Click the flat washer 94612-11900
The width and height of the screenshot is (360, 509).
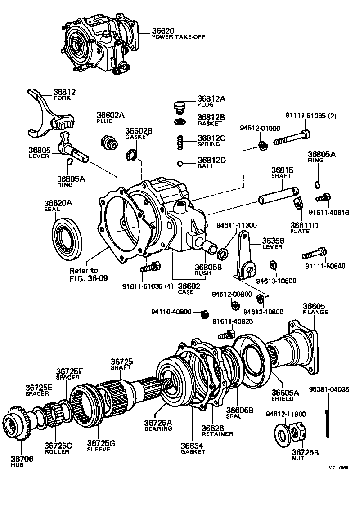click(x=282, y=435)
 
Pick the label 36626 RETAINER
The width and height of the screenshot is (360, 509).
click(x=217, y=430)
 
